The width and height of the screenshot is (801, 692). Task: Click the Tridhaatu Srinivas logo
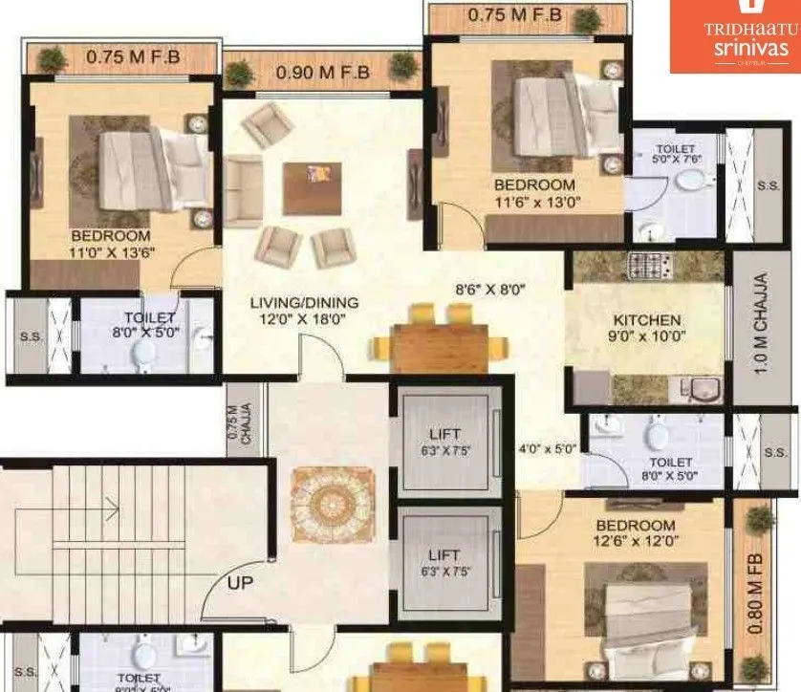pos(734,35)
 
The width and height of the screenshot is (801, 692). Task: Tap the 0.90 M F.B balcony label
pos(322,72)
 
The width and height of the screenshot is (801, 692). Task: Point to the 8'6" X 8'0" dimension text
pos(491,288)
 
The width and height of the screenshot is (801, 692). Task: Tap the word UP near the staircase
pos(240,580)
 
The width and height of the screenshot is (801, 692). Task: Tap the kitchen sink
pos(703,389)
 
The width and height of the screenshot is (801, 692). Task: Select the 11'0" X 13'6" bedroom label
pos(111,244)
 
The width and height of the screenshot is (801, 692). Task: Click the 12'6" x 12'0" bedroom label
pos(636,533)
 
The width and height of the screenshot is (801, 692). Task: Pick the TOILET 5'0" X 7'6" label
pos(677,155)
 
